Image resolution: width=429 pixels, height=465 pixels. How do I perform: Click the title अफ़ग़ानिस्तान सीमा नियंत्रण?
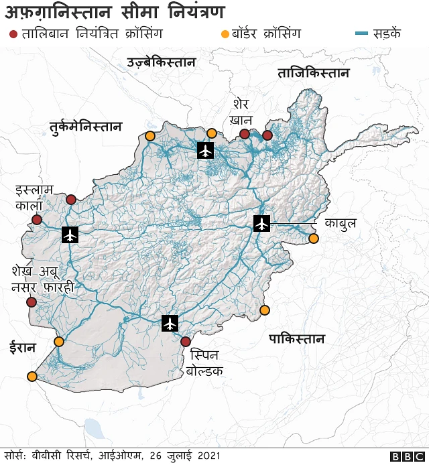click(x=115, y=11)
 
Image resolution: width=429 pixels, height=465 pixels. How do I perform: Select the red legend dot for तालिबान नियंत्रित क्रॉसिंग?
click(x=12, y=34)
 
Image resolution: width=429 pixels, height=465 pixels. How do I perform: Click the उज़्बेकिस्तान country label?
click(x=161, y=63)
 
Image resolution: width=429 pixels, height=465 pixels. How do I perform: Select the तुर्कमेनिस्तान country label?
click(x=85, y=126)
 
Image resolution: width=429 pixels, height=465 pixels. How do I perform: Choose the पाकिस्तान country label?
click(x=296, y=338)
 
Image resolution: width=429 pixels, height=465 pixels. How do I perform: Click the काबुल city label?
click(x=340, y=223)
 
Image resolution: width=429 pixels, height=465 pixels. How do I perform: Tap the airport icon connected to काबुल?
click(x=261, y=224)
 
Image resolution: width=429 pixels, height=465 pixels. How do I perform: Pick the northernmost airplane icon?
click(x=206, y=150)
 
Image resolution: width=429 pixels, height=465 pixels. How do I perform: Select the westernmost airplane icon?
click(x=70, y=235)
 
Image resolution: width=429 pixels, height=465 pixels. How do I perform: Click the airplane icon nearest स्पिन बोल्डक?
click(x=170, y=323)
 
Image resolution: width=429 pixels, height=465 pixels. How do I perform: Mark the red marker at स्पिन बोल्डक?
click(x=186, y=342)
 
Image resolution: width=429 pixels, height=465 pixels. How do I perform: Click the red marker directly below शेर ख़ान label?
click(x=245, y=134)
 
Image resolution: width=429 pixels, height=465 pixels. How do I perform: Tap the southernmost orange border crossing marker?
click(x=32, y=377)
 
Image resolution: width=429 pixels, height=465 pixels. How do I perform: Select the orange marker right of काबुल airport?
click(x=313, y=239)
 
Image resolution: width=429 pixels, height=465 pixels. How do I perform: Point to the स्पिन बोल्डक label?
click(x=206, y=362)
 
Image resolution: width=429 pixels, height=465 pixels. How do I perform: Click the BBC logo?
click(x=404, y=456)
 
